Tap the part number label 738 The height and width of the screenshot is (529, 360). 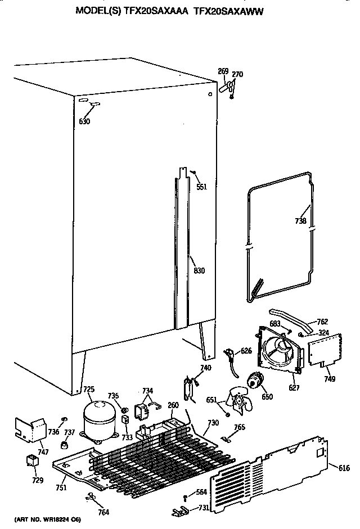click(300, 221)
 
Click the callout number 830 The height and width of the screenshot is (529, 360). click(199, 271)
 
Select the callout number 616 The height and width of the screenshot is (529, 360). click(344, 467)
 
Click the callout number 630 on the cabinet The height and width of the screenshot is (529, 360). click(84, 121)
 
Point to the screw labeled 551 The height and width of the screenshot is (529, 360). click(193, 173)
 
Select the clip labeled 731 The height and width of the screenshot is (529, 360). click(179, 510)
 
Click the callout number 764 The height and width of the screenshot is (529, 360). click(103, 512)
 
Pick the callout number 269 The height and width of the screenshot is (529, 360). click(223, 71)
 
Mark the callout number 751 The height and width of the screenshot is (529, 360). click(61, 487)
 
